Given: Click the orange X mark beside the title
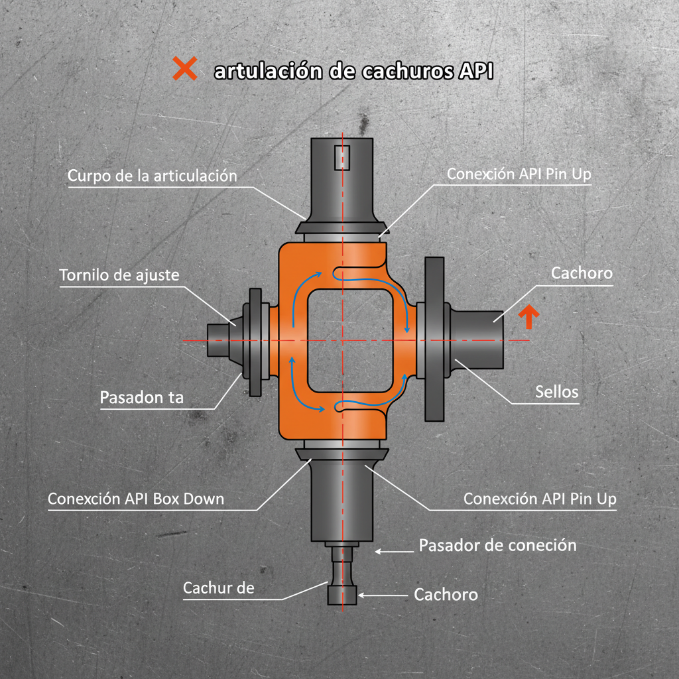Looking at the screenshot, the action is point(185,68).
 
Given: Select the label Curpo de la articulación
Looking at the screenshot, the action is point(153,176).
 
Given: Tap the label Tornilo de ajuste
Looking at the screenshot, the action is point(119,275).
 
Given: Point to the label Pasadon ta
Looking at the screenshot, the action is point(142,397).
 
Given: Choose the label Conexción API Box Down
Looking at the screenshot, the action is point(136,499).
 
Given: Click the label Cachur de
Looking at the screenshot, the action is point(219,587).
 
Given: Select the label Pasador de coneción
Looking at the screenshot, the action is point(497,545).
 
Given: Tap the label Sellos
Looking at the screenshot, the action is point(557,391).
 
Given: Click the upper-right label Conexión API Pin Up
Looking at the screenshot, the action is point(519,174).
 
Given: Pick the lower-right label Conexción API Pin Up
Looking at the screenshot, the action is point(540,499).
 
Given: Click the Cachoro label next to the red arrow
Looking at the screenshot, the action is point(582,273).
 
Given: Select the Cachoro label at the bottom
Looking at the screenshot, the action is point(446,595).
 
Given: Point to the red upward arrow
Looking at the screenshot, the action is point(528,316).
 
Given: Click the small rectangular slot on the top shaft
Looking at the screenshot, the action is point(342,157).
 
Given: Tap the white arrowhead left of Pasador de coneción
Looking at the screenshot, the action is point(378,551).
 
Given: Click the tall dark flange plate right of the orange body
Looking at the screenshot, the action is point(434,339).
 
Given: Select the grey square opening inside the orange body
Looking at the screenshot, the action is point(350,340).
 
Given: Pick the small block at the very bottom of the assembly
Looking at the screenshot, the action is point(342,594).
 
